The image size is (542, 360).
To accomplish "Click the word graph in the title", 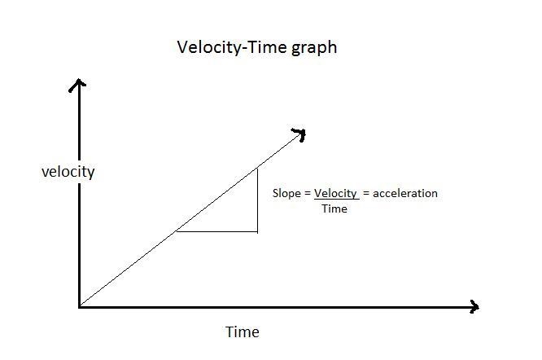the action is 314,48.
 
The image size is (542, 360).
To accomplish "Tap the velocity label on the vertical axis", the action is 68,172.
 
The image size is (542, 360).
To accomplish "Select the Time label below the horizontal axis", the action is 243,332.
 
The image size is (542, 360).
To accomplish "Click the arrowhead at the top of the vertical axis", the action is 78,85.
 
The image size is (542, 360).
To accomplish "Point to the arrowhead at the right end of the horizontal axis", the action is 474,306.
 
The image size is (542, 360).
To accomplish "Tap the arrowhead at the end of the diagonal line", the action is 299,134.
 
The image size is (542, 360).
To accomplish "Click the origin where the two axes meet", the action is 80,307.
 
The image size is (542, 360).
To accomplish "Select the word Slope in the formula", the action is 286,193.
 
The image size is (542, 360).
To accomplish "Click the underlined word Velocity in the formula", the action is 335,193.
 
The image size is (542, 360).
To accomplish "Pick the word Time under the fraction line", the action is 334,209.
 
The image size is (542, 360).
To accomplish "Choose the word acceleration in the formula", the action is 405,193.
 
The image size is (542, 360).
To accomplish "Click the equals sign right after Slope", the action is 308,193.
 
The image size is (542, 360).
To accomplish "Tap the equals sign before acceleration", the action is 366,193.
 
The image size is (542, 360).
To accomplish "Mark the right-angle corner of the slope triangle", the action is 257,231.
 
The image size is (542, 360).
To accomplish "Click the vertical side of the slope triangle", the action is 257,200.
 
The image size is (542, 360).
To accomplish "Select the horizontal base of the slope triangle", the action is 216,231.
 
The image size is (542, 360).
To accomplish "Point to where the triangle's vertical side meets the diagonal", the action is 257,169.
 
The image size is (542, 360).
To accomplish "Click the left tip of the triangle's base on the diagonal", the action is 177,231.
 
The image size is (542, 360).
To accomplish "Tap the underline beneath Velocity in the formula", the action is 337,200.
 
